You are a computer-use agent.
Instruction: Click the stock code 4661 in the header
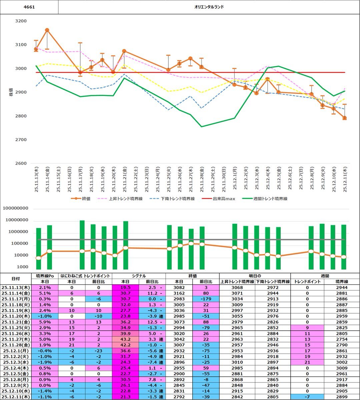click(29, 7)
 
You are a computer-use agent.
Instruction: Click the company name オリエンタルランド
click(209, 7)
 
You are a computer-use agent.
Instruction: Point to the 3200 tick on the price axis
click(21, 21)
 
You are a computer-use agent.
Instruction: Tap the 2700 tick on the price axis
click(21, 140)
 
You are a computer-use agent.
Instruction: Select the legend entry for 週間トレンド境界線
click(270, 199)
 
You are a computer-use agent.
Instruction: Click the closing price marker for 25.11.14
click(47, 30)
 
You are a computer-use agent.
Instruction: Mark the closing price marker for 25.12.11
click(345, 118)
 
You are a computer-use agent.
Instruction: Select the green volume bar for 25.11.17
click(82, 245)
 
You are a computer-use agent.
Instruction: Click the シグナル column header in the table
click(138, 276)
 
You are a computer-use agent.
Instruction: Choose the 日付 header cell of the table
click(16, 279)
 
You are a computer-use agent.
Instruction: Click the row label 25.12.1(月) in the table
click(16, 351)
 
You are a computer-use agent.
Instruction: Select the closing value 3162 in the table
click(179, 293)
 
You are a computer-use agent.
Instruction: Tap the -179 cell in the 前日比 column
click(206, 299)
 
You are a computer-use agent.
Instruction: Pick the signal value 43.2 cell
click(125, 339)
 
